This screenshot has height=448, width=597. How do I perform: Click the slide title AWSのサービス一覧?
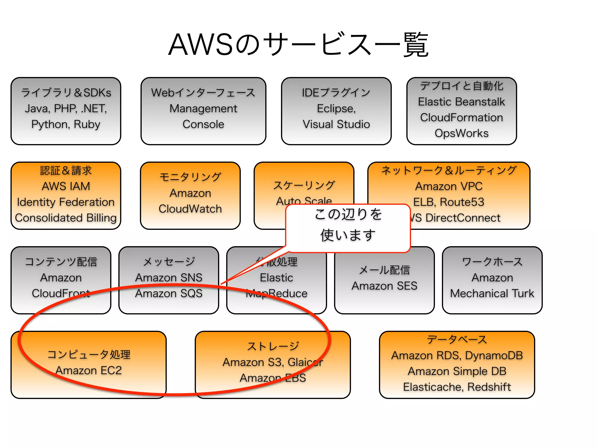[x=298, y=45]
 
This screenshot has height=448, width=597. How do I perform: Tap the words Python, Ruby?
[x=66, y=124]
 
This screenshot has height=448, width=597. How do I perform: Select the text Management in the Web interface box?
[x=203, y=108]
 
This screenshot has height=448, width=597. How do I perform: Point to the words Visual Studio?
[x=336, y=124]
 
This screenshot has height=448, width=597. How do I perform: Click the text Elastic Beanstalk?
[x=461, y=102]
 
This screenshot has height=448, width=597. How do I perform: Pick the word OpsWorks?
[x=461, y=133]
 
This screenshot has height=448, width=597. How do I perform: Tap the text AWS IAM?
[x=66, y=186]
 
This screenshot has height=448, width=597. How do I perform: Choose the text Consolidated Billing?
[x=66, y=218]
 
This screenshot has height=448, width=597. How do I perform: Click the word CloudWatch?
[x=190, y=209]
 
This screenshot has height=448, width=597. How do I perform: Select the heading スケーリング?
[x=304, y=185]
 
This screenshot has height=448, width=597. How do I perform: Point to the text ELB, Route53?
[x=449, y=202]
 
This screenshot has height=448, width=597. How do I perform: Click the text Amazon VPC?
[x=449, y=186]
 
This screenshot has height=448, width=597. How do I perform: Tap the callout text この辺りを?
[x=348, y=214]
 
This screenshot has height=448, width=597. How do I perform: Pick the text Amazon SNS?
[x=168, y=277]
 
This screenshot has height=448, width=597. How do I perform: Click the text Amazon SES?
[x=384, y=286]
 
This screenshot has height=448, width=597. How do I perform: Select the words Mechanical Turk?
[x=492, y=293]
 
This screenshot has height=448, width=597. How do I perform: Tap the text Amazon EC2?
[x=89, y=370]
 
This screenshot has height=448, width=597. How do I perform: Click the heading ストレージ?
[x=273, y=346]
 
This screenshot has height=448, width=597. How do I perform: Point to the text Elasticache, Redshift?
[x=457, y=387]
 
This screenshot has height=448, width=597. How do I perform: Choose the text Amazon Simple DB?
[x=457, y=371]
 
